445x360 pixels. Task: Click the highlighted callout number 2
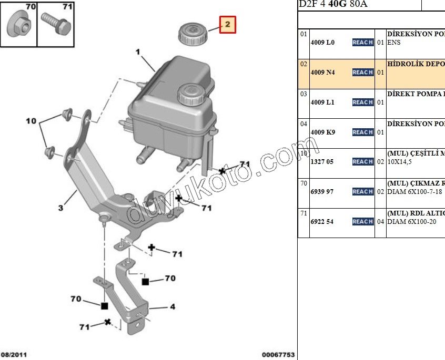(x=227, y=24)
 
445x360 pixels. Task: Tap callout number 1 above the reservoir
(x=138, y=53)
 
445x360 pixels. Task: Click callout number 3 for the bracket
(x=60, y=208)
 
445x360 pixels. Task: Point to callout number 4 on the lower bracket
(x=172, y=307)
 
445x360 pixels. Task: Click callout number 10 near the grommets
(x=31, y=121)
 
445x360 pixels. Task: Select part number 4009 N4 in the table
(x=322, y=73)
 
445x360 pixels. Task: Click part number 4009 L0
(x=322, y=43)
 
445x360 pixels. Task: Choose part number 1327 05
(x=322, y=162)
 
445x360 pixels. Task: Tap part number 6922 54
(x=322, y=222)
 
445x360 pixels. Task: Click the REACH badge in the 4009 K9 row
(x=363, y=132)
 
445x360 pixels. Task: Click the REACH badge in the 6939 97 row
(x=363, y=192)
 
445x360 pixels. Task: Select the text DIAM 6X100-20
(x=412, y=222)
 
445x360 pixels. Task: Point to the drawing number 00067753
(x=278, y=355)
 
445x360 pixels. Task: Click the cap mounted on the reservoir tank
(x=188, y=95)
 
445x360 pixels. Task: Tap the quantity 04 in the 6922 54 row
(x=380, y=222)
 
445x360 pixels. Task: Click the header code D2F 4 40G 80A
(x=333, y=4)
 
